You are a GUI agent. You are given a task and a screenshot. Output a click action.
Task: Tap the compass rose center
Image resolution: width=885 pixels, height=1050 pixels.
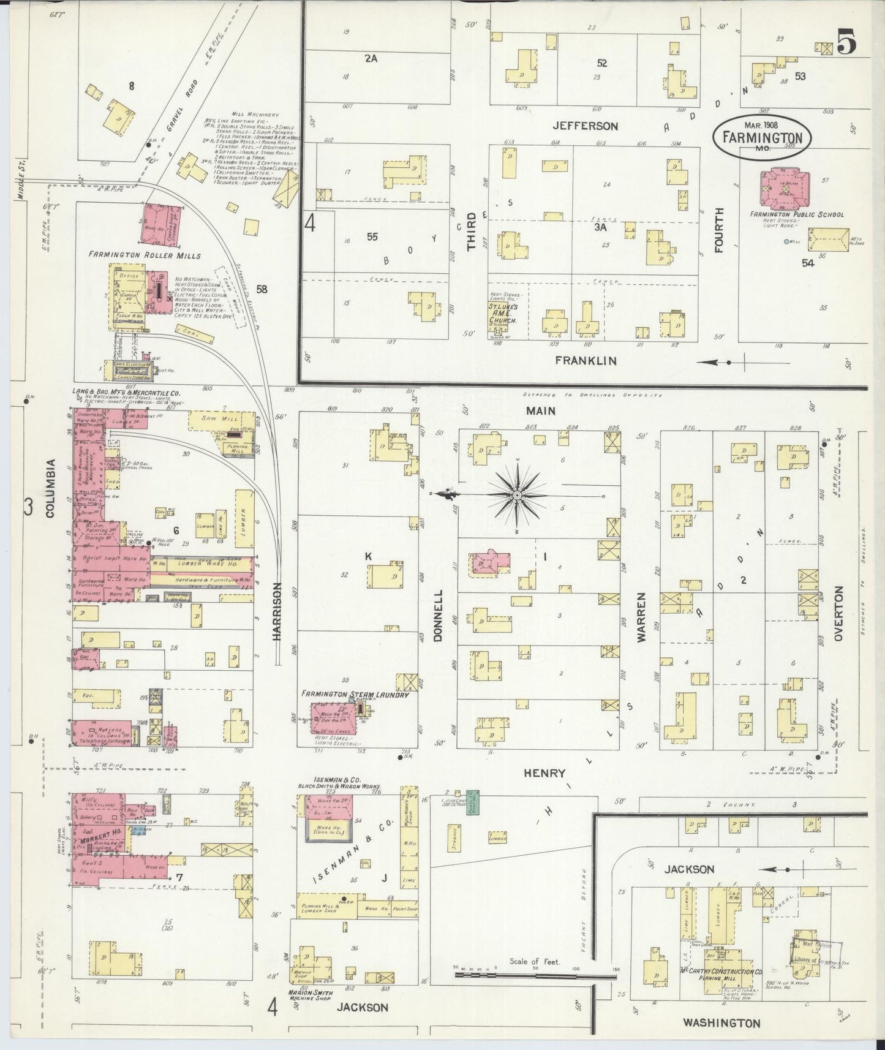point(518,494)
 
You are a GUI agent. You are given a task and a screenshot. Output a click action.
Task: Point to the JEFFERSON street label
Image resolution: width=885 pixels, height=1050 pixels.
point(585,126)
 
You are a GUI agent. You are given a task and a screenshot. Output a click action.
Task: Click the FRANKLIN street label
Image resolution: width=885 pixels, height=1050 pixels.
point(586,360)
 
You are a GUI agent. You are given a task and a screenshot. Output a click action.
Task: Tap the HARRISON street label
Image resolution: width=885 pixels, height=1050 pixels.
point(277,611)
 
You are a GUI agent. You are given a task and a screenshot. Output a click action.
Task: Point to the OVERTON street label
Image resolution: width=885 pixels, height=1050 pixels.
point(839,613)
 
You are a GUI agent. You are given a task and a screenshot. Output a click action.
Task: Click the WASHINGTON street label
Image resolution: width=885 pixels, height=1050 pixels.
point(721,1022)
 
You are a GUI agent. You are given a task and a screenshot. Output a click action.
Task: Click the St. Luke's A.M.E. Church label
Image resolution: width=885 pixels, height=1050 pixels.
point(505,312)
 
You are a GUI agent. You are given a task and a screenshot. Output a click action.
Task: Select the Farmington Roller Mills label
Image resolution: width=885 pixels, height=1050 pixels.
point(144,254)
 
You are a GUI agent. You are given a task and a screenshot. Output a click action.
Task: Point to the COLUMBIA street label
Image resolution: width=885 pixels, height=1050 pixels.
point(50,488)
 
